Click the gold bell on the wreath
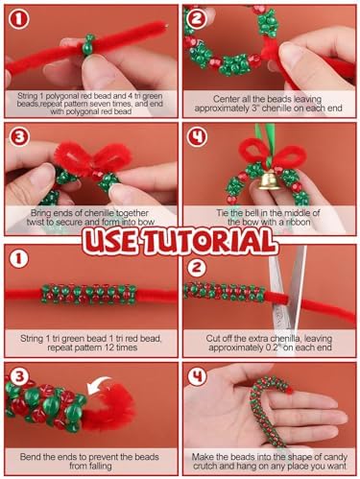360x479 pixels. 269,180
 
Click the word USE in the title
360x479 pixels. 111,241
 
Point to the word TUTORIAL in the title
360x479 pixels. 210,241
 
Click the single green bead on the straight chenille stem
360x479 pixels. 88,45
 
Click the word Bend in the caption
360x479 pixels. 30,457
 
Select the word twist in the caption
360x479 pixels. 36,222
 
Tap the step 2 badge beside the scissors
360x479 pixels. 196,268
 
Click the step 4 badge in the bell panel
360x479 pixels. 197,137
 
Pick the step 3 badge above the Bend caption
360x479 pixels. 19,376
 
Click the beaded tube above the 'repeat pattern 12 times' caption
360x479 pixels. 89,294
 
